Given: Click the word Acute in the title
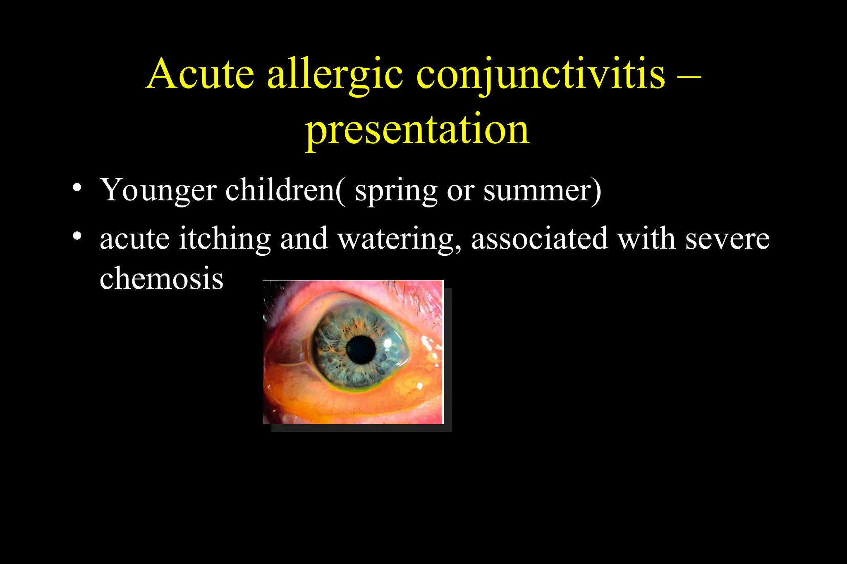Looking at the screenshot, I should click(x=200, y=74).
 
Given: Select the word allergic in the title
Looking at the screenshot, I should click(x=335, y=74).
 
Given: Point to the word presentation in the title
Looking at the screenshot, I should click(x=417, y=129).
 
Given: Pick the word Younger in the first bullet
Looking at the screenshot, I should click(x=158, y=190).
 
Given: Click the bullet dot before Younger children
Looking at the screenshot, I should click(x=77, y=188).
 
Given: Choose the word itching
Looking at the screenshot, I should click(x=225, y=239).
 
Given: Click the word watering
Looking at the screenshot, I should click(x=399, y=239).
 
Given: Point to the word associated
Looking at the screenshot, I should click(x=539, y=238).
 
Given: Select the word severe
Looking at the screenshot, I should click(x=727, y=239).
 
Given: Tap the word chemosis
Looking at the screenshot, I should click(x=161, y=278).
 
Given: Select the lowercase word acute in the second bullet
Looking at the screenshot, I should click(x=134, y=239).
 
